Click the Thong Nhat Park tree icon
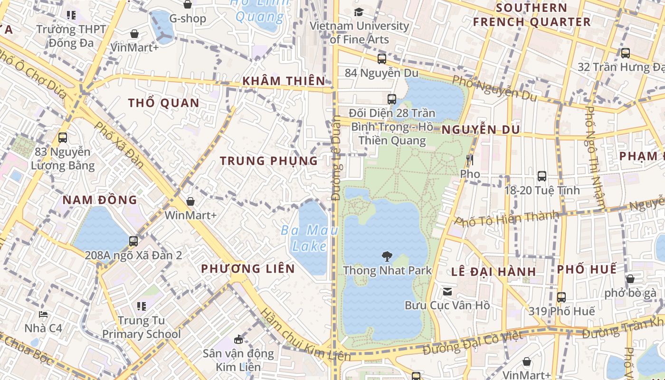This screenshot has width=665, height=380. [x=387, y=257]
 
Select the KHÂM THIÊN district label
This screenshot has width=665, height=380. [x=284, y=81]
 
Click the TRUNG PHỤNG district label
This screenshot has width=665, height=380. [x=269, y=161]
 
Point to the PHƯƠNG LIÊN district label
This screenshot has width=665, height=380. [x=248, y=269]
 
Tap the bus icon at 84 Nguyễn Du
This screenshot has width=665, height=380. [x=381, y=59]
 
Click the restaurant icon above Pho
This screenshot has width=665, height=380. [x=470, y=160]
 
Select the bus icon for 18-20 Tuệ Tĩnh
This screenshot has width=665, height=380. [x=541, y=176]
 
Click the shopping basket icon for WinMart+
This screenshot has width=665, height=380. [x=190, y=201]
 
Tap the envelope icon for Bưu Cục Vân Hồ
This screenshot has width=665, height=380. [x=447, y=291]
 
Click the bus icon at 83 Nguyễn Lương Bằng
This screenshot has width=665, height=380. [x=63, y=138]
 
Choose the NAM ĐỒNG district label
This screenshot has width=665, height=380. [x=100, y=200]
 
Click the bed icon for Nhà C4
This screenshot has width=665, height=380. [x=43, y=314]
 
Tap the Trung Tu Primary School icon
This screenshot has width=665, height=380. [x=142, y=306]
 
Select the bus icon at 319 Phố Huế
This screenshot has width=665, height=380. [x=561, y=297]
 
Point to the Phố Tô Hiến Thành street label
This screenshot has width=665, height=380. [x=506, y=218]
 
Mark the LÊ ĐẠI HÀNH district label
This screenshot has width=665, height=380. [x=494, y=272]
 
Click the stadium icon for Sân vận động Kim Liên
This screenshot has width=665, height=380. [x=238, y=339]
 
